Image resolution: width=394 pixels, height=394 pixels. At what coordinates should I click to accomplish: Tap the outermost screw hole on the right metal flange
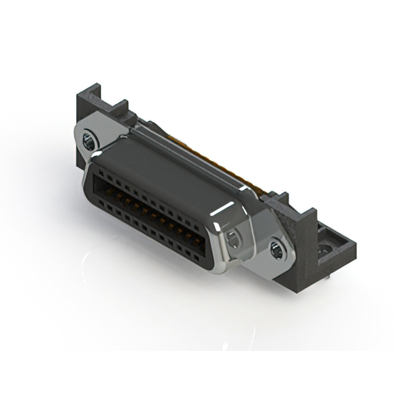[276, 249]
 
